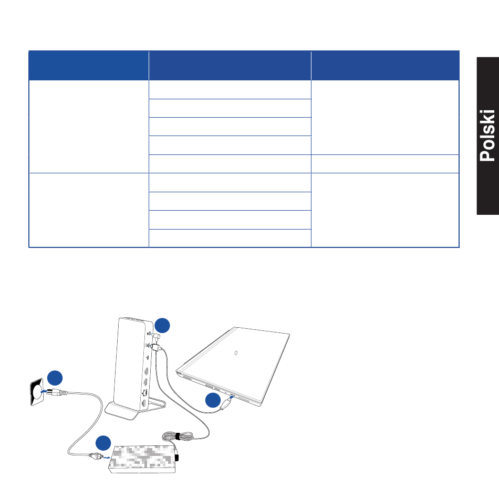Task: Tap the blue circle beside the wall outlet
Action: (x=55, y=378)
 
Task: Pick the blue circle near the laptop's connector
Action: (x=213, y=400)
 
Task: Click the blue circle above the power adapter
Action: (x=103, y=443)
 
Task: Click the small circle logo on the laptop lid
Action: (x=236, y=352)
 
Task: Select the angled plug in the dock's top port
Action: (x=156, y=335)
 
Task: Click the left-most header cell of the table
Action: (x=88, y=66)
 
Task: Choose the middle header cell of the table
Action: (x=230, y=66)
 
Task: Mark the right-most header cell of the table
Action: (x=385, y=66)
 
